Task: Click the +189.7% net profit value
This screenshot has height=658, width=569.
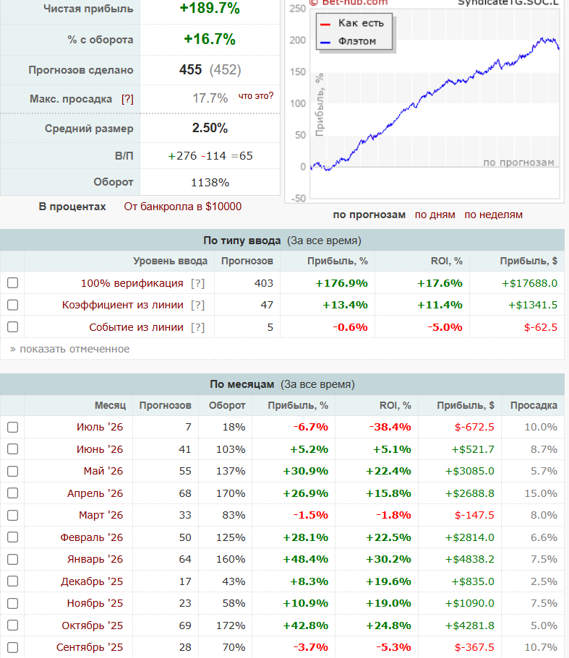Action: click(210, 8)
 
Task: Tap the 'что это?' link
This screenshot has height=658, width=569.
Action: click(256, 96)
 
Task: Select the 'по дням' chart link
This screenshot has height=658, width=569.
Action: click(435, 215)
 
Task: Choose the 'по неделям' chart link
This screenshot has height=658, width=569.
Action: click(493, 215)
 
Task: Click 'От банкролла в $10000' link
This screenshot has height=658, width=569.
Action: click(183, 207)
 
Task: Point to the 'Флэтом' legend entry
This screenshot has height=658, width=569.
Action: click(357, 41)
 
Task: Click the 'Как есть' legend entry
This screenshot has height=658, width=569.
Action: click(361, 23)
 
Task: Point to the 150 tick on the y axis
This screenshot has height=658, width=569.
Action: click(298, 72)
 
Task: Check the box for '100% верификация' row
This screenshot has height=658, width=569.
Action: click(12, 283)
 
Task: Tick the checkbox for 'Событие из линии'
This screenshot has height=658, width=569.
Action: click(12, 327)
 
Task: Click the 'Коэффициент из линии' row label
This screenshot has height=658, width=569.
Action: click(123, 305)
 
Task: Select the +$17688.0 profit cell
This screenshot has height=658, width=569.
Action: click(529, 283)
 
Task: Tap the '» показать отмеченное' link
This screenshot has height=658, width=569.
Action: click(69, 349)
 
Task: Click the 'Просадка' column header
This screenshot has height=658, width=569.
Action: click(534, 405)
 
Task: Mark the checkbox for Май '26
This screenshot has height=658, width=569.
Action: click(12, 471)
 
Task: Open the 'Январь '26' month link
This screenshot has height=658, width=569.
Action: click(95, 559)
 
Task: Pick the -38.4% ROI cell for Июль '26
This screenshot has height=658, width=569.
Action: click(390, 427)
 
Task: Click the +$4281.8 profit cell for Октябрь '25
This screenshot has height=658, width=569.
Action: click(470, 625)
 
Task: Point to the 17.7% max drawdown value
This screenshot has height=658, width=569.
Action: click(210, 98)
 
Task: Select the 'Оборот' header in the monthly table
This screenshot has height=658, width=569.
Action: click(227, 405)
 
